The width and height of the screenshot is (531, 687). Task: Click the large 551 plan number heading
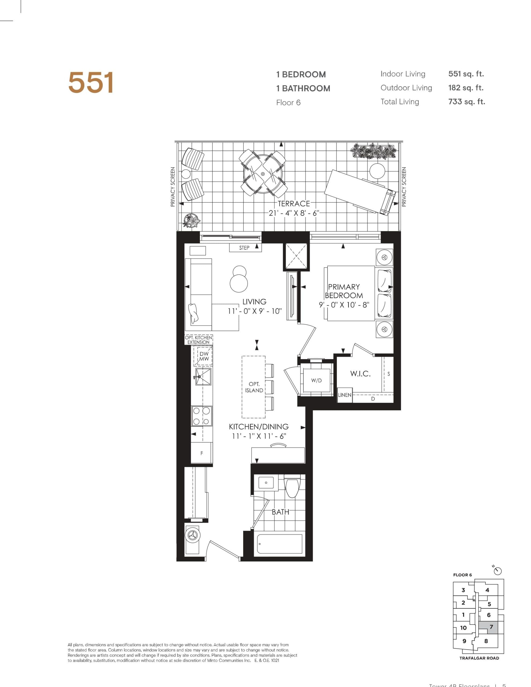pos(91,83)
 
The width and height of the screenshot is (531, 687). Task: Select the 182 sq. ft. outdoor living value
pos(466,88)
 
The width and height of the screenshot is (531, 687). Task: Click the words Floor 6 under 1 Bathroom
pos(288,103)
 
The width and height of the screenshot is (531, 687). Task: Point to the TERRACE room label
pos(294,203)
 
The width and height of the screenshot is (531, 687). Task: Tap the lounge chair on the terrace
pos(359,191)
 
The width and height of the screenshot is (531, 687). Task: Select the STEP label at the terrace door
pos(244,248)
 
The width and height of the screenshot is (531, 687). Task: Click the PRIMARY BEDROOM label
pos(344,291)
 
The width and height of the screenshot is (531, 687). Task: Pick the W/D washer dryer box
pos(316,381)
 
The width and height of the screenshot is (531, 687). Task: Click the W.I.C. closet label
pos(361,374)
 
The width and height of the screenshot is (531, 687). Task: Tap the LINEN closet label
pos(345,395)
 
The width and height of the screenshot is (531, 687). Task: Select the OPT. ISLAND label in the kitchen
pos(254,387)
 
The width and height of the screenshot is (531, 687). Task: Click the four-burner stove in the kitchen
pos(201,416)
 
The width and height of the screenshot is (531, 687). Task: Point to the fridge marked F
pos(201,453)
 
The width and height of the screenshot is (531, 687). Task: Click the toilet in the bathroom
pos(292,487)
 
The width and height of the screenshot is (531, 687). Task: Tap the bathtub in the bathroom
pos(279,543)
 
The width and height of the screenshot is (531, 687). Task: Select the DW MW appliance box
pos(204,356)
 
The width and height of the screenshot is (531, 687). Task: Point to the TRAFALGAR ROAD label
pos(479,658)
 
